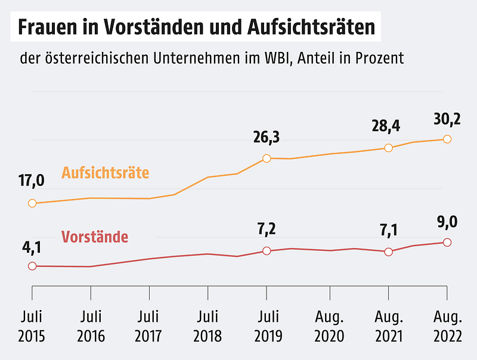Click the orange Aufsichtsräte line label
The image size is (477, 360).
click(105, 173)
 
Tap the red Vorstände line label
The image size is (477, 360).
click(95, 237)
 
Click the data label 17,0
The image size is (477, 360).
click(32, 179)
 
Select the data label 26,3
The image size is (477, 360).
click(267, 138)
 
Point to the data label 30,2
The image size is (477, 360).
click(447, 118)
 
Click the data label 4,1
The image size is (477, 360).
click(32, 246)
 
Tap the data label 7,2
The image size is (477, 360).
click(267, 229)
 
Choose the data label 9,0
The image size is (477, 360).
click(447, 222)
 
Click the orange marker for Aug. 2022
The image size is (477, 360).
click(447, 139)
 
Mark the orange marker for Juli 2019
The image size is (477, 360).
click(267, 159)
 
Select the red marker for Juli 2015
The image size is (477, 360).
click(32, 266)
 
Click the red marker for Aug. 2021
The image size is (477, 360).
click(388, 252)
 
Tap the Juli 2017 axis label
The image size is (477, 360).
click(149, 326)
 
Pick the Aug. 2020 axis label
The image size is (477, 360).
click(330, 326)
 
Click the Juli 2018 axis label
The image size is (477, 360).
click(207, 326)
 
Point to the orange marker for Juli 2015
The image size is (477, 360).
click(32, 203)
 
